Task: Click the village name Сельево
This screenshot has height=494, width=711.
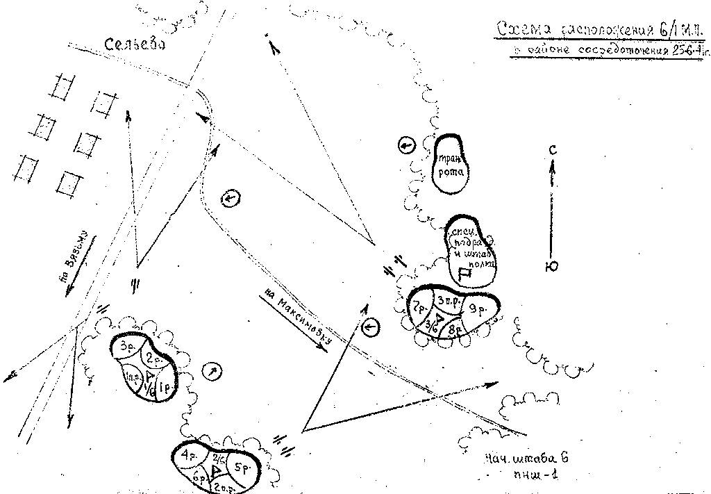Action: coord(135,44)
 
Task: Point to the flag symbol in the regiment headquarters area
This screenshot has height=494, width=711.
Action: coord(466,273)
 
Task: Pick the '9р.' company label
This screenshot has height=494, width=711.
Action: coord(476,311)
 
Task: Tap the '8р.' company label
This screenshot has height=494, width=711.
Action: coord(455,329)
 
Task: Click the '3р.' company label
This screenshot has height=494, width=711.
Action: coord(126,345)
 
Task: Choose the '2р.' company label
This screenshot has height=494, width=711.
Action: coord(154,359)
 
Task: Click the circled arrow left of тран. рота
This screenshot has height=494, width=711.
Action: coord(407,145)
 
